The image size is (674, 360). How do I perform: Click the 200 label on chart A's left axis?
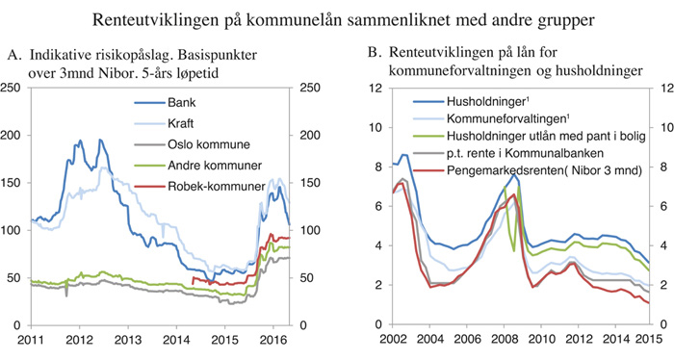point(13,136)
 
